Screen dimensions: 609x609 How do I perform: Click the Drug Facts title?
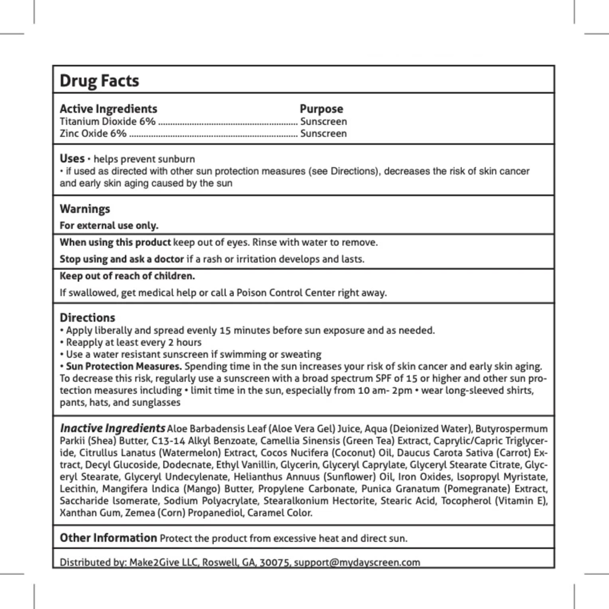[x=99, y=81]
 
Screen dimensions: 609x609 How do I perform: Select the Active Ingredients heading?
[x=108, y=109]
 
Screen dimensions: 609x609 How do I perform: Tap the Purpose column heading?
[x=321, y=109]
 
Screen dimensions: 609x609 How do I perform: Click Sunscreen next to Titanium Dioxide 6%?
[x=324, y=121]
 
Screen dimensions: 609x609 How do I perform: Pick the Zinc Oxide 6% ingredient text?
[x=93, y=134]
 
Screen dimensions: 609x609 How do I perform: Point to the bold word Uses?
[x=72, y=158]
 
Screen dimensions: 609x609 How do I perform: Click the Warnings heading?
[x=85, y=209]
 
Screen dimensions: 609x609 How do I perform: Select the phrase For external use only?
[x=109, y=225]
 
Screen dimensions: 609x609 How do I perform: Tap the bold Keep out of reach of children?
[x=127, y=276]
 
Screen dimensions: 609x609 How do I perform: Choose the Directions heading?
[x=87, y=317]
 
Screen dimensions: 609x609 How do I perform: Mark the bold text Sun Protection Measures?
[x=124, y=366]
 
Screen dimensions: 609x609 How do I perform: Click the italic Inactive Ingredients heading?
[x=112, y=428]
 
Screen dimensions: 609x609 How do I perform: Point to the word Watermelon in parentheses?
[x=190, y=453]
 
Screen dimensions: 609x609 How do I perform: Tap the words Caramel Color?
[x=280, y=513]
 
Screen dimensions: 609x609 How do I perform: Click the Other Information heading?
[x=108, y=538]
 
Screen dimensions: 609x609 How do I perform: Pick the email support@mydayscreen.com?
[x=357, y=562]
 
